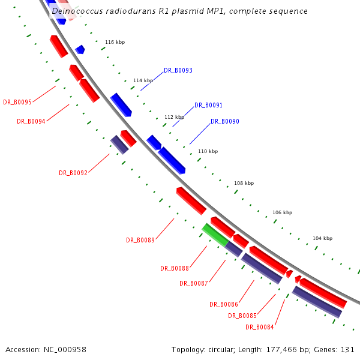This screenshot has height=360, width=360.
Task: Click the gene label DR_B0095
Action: tap(17, 102)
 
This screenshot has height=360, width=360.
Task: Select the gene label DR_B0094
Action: tap(31, 121)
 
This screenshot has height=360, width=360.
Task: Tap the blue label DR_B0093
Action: tap(178, 71)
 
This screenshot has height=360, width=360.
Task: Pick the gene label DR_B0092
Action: tap(73, 173)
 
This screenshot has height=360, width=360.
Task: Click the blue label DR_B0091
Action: tap(208, 106)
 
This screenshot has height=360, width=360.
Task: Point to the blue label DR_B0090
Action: tap(225, 122)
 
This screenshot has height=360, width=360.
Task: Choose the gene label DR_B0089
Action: tap(140, 240)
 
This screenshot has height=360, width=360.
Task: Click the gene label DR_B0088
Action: tap(175, 268)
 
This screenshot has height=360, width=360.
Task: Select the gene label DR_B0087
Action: tap(194, 283)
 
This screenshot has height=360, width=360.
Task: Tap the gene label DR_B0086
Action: tap(224, 304)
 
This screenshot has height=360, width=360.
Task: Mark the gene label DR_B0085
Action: tap(242, 316)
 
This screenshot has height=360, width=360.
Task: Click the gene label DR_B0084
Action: tap(260, 327)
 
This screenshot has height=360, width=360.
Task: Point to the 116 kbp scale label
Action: tap(115, 43)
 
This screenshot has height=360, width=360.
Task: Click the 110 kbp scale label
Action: tap(208, 151)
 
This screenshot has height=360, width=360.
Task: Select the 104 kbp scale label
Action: tap(322, 238)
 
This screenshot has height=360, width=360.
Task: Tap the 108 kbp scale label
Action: tap(244, 183)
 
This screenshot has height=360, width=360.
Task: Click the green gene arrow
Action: tap(214, 235)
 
